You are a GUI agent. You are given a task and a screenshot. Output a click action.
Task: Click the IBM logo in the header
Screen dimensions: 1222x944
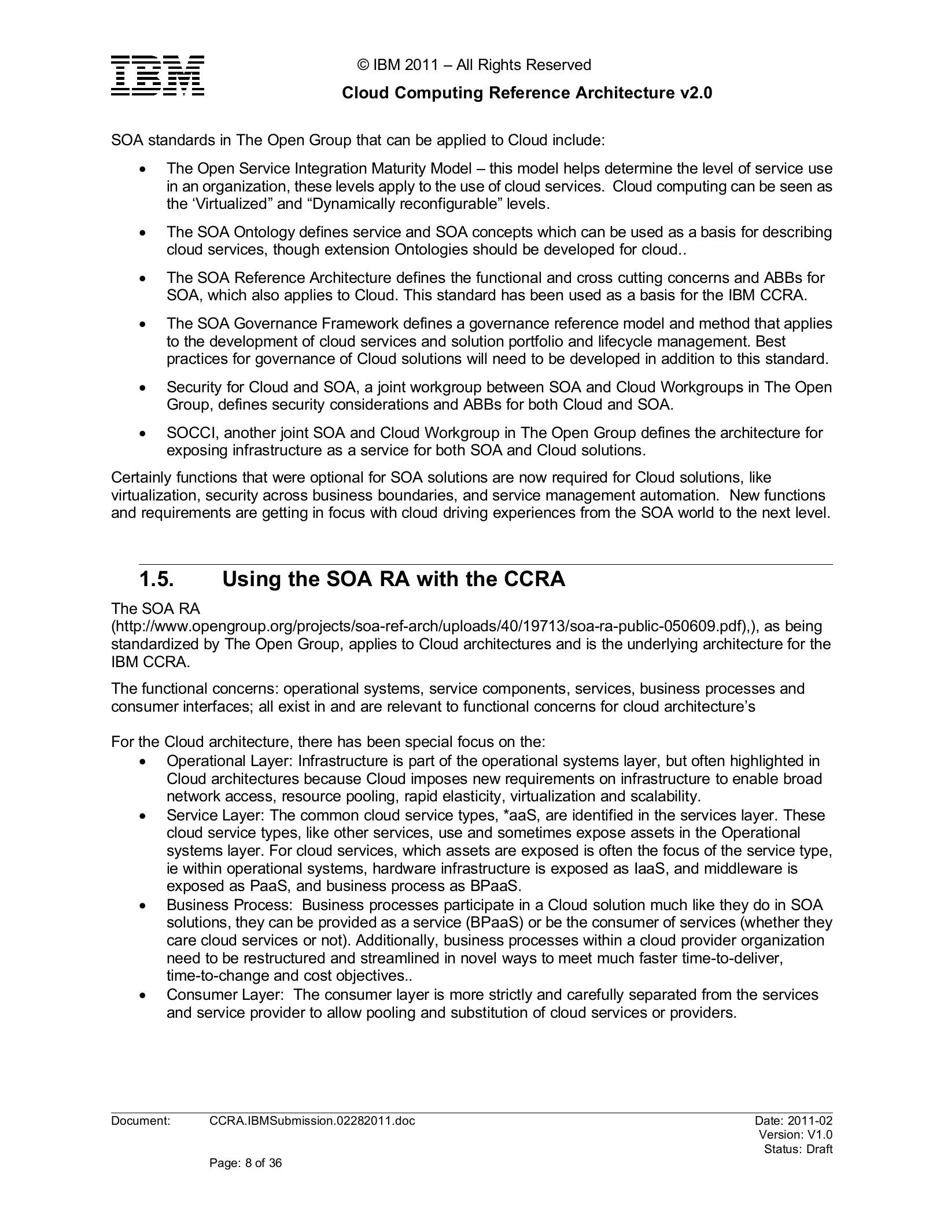coord(157,76)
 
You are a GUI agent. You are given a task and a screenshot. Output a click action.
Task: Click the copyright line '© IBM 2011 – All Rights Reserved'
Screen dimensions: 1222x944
coord(475,65)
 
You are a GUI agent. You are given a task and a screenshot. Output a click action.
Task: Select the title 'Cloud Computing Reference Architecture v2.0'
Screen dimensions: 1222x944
coord(527,93)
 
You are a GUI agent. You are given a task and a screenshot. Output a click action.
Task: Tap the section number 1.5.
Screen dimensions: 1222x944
coord(156,579)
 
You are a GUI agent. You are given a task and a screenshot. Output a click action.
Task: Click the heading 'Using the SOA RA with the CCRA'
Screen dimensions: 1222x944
coord(393,579)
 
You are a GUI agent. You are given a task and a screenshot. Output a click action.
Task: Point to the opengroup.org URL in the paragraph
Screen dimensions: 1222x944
coord(466,626)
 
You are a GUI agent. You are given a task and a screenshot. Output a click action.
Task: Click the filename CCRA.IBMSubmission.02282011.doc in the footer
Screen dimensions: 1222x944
coord(312,1121)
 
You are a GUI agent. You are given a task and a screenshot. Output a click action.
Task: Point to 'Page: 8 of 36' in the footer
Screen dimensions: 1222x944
coord(245,1162)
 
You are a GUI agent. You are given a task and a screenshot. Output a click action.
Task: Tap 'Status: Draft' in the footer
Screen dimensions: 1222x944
coord(798,1149)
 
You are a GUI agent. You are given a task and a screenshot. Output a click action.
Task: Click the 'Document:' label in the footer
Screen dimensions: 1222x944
coord(141,1121)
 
